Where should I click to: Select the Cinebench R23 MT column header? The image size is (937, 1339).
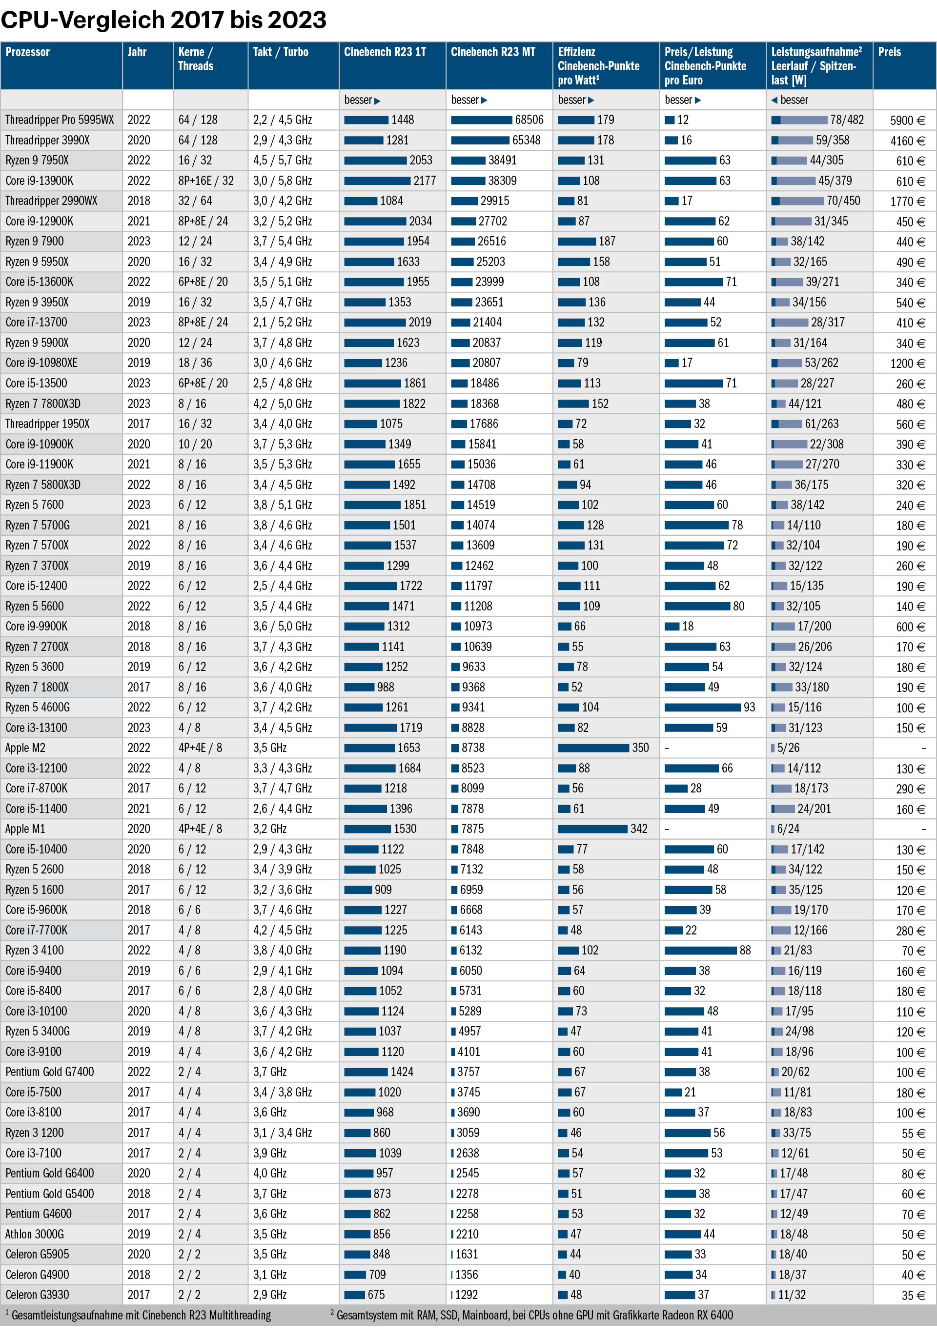[x=493, y=52]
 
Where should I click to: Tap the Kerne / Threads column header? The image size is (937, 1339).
[x=196, y=59]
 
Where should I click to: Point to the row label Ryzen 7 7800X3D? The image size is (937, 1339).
[x=43, y=404]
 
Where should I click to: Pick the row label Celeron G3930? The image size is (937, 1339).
[x=37, y=1295]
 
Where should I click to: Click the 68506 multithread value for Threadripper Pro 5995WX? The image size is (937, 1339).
[x=529, y=120]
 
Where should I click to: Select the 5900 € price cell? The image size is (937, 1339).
[x=907, y=121]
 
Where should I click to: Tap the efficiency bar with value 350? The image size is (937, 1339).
[x=593, y=748]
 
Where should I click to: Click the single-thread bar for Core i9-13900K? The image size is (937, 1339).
[x=377, y=181]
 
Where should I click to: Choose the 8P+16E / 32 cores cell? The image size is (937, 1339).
[x=206, y=181]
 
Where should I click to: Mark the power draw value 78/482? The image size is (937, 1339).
[x=847, y=120]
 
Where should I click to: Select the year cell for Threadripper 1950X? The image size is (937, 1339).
[x=139, y=424]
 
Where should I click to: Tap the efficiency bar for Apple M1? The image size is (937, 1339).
[x=592, y=829]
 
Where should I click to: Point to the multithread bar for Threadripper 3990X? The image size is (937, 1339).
[x=480, y=141]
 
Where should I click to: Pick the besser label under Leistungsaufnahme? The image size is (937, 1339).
[x=794, y=100]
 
